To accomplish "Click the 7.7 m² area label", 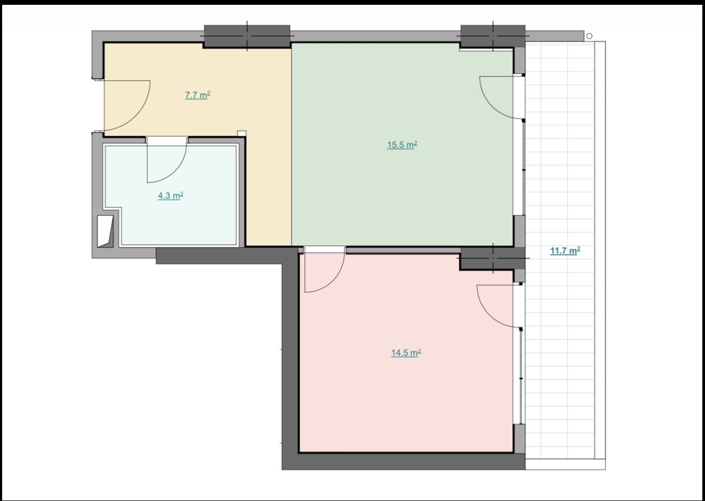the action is click(198, 95).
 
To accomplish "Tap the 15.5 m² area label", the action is click(402, 144).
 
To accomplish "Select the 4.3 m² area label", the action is click(170, 196).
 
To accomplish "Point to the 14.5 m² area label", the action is click(406, 352).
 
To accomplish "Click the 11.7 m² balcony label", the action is click(565, 251).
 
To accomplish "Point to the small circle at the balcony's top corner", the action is click(590, 36).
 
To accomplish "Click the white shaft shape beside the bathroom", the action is click(105, 231).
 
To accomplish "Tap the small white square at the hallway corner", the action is click(242, 133).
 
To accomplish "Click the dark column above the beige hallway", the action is click(247, 36).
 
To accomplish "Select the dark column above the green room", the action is click(493, 36).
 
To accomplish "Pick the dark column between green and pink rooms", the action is click(493, 258).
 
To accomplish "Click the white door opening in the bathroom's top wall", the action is click(167, 141).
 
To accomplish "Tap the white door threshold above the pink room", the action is click(324, 250).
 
